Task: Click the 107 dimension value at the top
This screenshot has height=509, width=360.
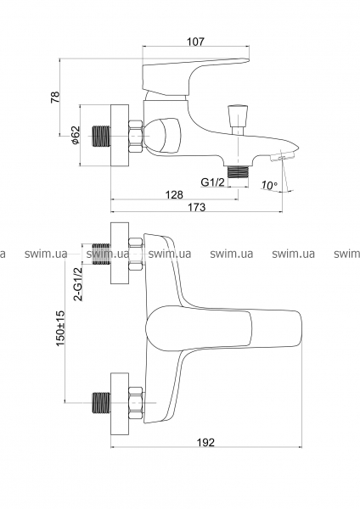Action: coord(196,42)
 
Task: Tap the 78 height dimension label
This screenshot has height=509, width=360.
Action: coord(55,98)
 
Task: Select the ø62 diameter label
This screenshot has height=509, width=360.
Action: coord(75,135)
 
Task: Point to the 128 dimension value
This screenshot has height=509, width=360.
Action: coord(174,194)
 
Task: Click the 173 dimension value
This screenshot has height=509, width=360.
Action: coord(197,207)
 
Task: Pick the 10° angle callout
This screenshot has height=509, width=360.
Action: coord(269,185)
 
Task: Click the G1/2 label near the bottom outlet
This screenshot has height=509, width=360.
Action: coord(213,182)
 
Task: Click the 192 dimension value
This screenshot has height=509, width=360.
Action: coord(206,442)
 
